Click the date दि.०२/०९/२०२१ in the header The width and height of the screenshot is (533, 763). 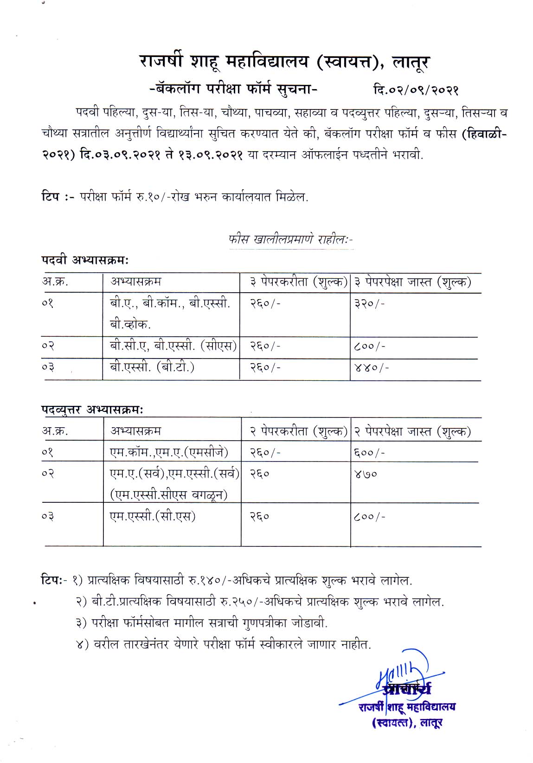[x=416, y=90]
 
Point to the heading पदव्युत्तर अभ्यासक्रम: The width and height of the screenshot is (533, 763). [x=92, y=410]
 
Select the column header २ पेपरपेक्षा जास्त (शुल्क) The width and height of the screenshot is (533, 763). [x=413, y=432]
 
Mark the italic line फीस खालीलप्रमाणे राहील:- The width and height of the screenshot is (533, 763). [x=291, y=240]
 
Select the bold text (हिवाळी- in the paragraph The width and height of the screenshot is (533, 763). [x=484, y=134]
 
